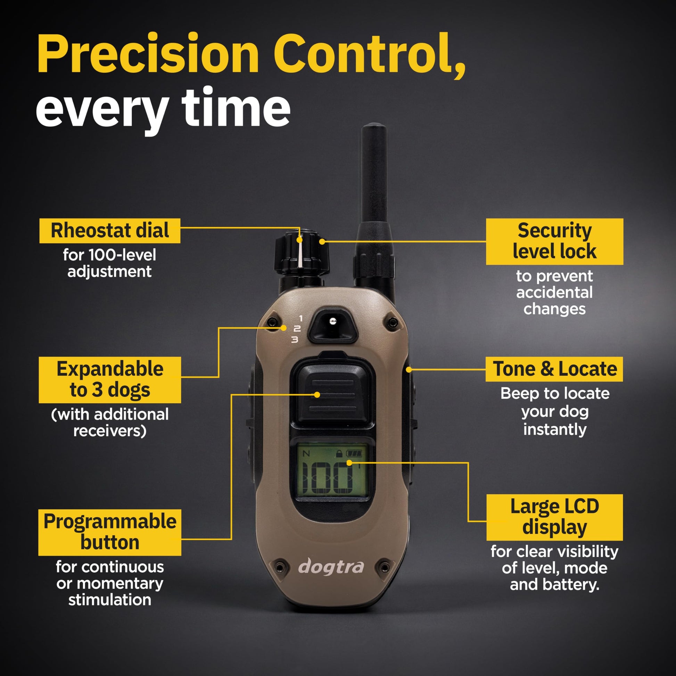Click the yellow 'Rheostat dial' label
[110, 231]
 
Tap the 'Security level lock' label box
[554, 241]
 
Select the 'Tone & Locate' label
[554, 369]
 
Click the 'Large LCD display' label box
[554, 518]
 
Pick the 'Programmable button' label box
[110, 533]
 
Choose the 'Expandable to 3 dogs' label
[110, 380]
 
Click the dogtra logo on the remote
[331, 567]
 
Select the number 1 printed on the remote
[300, 319]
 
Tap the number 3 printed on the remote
[295, 339]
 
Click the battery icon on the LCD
[354, 454]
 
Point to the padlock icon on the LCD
[339, 454]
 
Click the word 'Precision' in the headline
[148, 54]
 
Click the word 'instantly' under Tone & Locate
[555, 430]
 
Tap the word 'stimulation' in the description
[110, 600]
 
